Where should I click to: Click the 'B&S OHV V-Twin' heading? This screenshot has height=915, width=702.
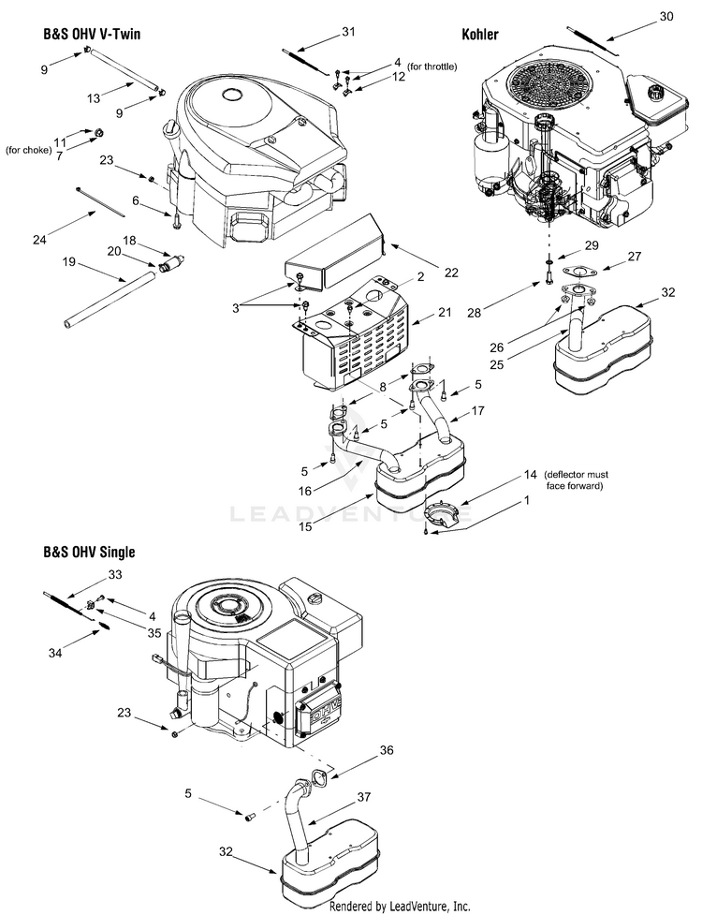tap(92, 35)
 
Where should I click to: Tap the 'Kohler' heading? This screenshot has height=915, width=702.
tap(480, 35)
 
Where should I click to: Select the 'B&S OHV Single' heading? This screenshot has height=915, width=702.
tap(89, 552)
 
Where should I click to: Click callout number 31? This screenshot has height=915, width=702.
tap(348, 32)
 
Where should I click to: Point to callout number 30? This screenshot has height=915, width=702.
tap(665, 16)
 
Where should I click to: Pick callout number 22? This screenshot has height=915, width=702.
tap(451, 273)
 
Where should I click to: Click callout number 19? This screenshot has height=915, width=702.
tap(69, 262)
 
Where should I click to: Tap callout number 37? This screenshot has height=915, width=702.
tap(363, 797)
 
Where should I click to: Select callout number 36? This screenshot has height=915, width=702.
tap(387, 750)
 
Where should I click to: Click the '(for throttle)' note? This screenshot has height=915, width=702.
tap(432, 66)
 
